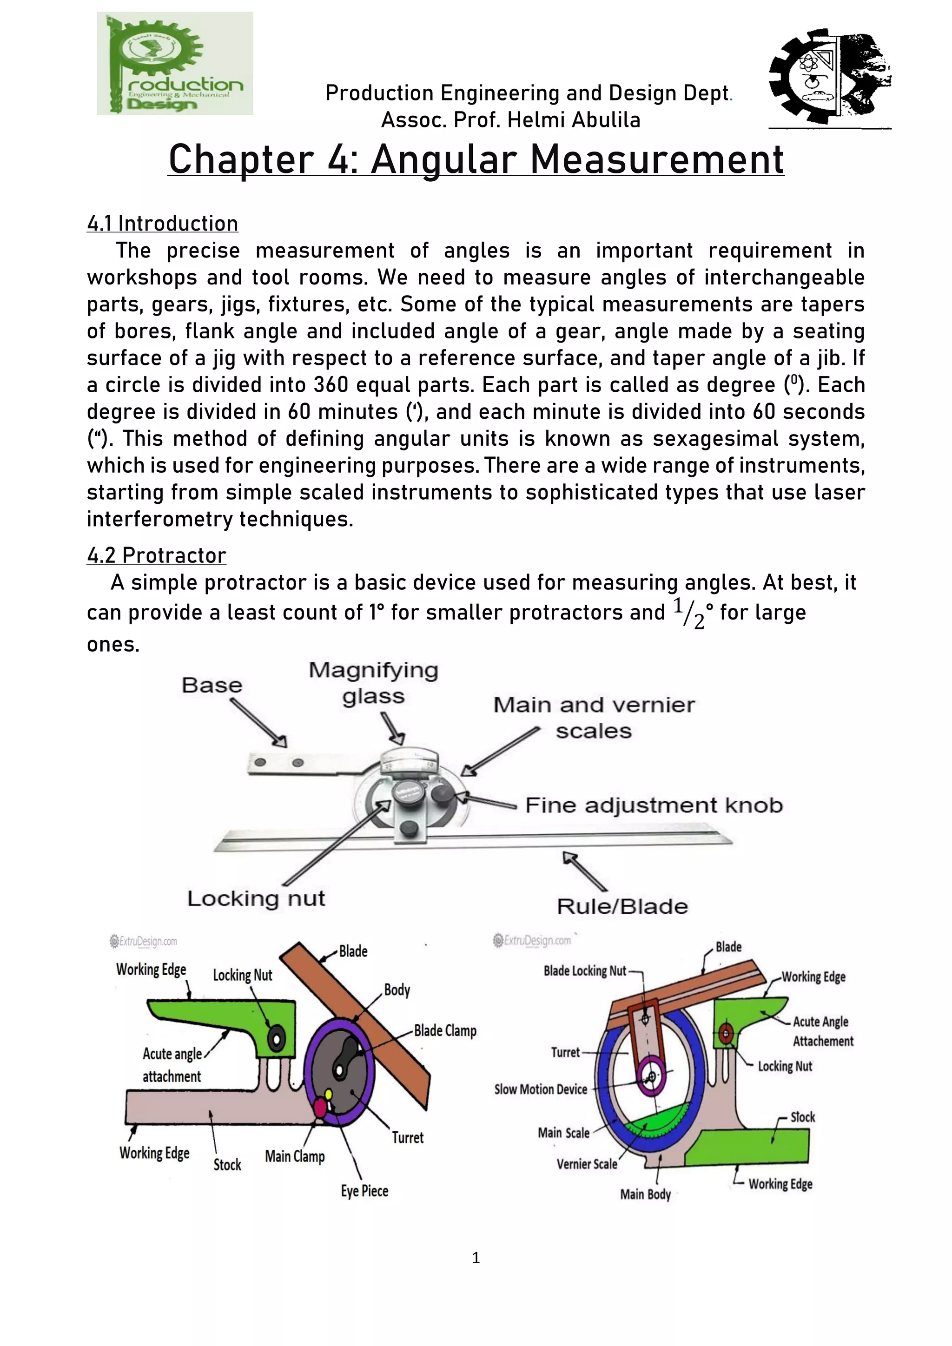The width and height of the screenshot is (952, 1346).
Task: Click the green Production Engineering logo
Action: tap(175, 63)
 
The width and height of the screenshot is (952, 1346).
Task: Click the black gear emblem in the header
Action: tap(829, 74)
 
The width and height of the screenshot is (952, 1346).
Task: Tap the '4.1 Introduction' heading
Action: tap(162, 224)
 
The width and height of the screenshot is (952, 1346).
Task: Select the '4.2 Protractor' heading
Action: tap(157, 555)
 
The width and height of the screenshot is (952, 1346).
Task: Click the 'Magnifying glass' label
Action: tap(373, 683)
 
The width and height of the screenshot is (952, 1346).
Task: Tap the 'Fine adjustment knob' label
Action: tap(654, 805)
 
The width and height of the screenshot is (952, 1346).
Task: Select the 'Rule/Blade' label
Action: tap(622, 906)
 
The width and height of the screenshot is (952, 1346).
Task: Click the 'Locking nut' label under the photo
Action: tap(256, 898)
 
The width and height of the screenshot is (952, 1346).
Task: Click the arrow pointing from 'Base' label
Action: tap(258, 723)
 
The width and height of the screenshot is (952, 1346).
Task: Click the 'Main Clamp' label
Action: tap(294, 1156)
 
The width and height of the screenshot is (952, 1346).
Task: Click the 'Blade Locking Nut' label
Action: tap(584, 971)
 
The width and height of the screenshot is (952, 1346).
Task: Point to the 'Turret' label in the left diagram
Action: tap(407, 1137)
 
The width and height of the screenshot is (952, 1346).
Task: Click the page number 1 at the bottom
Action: tap(476, 1258)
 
